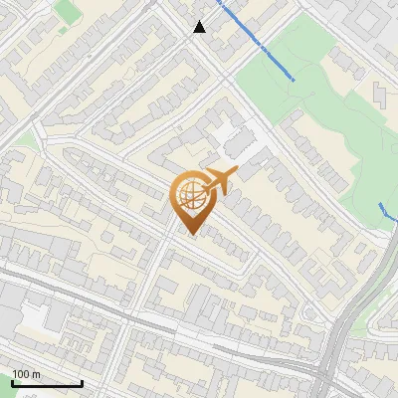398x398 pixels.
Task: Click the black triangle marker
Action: coord(199,27)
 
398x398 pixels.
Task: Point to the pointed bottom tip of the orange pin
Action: coord(190,235)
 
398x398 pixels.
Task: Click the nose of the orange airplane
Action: coord(236,171)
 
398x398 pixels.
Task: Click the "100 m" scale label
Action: coord(27,374)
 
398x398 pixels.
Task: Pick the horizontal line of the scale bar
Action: coord(47,383)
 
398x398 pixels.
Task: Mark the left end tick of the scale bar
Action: coord(12,381)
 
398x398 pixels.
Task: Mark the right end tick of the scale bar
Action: coord(82,381)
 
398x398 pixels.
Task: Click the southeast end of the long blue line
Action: coord(294,78)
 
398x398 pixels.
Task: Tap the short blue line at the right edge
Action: coord(387,211)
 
